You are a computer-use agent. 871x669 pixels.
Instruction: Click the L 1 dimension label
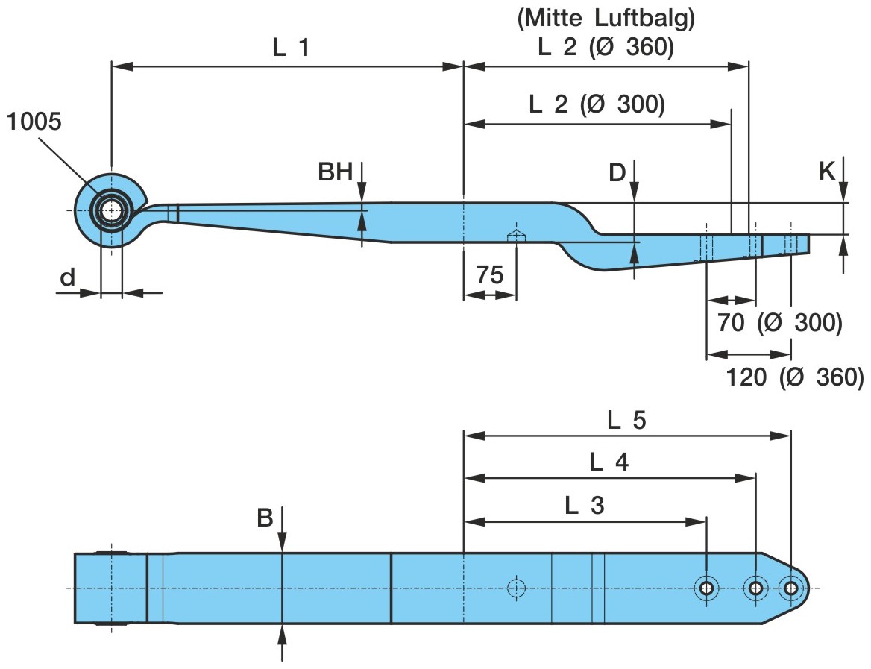(x=290, y=48)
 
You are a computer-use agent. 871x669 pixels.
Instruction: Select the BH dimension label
(x=336, y=173)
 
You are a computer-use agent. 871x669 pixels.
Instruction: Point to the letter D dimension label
(x=616, y=173)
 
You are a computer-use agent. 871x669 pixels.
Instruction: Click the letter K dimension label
(x=826, y=172)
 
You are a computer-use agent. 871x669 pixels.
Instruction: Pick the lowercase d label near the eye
(x=68, y=277)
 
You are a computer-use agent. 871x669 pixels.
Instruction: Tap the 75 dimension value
(x=490, y=274)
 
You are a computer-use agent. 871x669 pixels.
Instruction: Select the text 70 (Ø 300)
(x=779, y=323)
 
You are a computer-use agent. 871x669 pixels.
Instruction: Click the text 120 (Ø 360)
(x=795, y=377)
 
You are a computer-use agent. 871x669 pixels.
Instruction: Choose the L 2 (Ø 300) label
(x=597, y=104)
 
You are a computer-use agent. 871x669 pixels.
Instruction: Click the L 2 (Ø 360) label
(x=606, y=48)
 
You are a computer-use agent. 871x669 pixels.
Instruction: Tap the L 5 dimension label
(x=626, y=421)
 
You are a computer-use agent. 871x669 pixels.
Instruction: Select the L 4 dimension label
(x=609, y=463)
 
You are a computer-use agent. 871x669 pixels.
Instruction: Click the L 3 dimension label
(x=585, y=506)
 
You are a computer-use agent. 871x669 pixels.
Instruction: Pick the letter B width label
(x=265, y=518)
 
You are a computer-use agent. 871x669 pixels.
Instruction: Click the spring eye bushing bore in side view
(x=111, y=210)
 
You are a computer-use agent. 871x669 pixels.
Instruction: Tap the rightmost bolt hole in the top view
(x=791, y=588)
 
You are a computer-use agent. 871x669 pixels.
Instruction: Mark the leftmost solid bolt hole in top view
(x=705, y=588)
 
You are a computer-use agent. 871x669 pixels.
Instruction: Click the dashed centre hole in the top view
(x=516, y=588)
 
